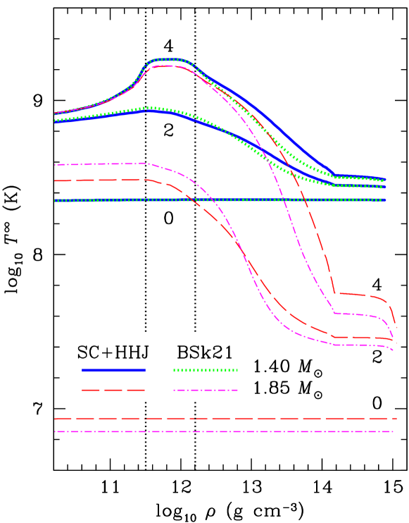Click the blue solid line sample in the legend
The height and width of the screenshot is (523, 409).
tap(113, 370)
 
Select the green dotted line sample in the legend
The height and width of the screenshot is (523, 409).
tap(206, 370)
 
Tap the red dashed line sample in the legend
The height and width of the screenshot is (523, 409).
tap(113, 390)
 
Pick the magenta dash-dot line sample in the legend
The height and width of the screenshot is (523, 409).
tap(206, 390)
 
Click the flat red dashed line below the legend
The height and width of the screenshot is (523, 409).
tap(225, 419)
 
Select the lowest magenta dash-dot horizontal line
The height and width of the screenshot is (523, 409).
tap(225, 431)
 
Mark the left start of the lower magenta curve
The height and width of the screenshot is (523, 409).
tap(55, 165)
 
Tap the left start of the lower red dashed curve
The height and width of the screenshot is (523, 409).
tap(55, 181)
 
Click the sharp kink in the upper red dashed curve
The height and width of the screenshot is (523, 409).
tap(334, 293)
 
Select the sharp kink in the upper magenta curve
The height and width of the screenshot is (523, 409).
tap(334, 313)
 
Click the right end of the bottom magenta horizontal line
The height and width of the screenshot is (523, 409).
tap(393, 431)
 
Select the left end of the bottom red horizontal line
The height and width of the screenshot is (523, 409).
tap(55, 419)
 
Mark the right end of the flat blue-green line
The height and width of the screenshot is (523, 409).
tap(384, 200)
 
